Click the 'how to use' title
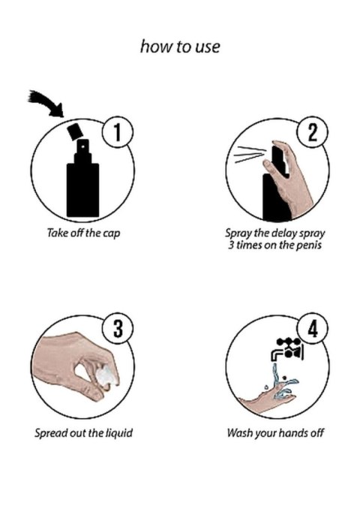point(180,47)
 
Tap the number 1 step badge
point(118,133)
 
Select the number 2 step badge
point(313,133)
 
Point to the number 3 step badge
point(118,329)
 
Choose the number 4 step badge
point(313,329)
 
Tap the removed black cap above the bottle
point(74,131)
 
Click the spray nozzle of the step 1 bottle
point(82,146)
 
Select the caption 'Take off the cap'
point(83,233)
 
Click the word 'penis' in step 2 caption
point(308,245)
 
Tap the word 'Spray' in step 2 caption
point(238,233)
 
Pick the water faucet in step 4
point(287,350)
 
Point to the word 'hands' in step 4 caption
point(292,433)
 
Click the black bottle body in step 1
point(82,190)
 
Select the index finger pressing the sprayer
point(272,167)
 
